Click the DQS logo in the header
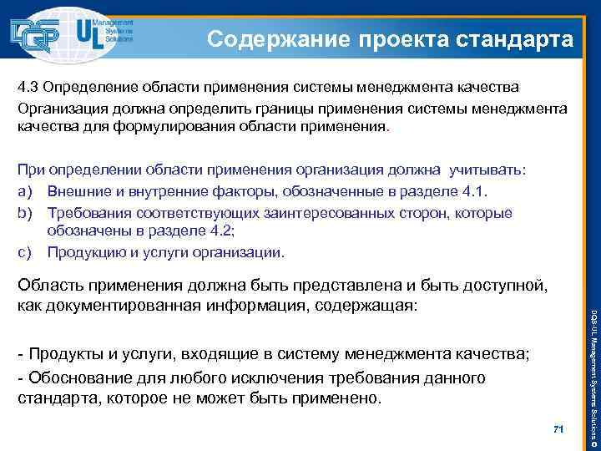click(38, 33)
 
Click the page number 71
click(558, 429)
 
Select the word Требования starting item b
click(92, 213)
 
